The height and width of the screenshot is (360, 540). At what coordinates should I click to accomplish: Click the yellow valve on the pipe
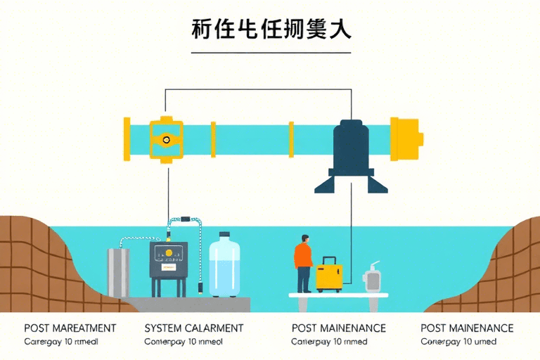point(167,139)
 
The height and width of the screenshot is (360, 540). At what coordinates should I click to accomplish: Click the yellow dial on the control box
point(169,254)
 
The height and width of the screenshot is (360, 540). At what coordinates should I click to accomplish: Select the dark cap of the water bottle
point(225,236)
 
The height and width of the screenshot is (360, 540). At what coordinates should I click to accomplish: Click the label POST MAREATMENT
point(70,328)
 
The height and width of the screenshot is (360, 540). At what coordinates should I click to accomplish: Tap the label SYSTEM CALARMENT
point(193,328)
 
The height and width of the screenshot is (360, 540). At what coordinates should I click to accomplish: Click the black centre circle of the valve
point(167,139)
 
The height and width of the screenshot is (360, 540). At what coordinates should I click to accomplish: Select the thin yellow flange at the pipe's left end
point(127,139)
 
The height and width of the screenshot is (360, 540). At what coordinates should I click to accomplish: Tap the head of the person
point(304,238)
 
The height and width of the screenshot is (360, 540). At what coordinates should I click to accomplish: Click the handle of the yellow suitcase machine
point(328,259)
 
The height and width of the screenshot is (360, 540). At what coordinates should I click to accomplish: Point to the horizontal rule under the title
point(271,52)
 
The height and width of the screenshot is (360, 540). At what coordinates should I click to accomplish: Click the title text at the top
point(271,30)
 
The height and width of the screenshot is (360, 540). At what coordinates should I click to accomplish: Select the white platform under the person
point(338,296)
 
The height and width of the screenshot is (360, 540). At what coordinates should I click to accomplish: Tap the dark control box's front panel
point(169,262)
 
